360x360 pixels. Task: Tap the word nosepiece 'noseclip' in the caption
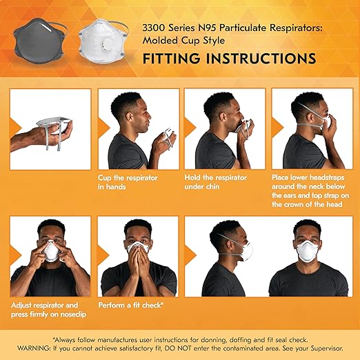pyautogui.click(x=74, y=312)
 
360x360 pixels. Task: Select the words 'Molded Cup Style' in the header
pyautogui.click(x=180, y=40)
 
